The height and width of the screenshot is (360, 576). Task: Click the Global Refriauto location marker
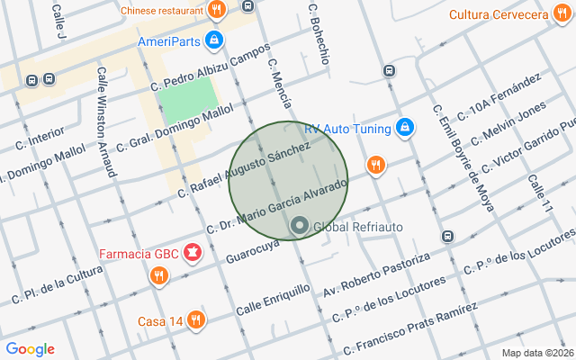pos(299,225)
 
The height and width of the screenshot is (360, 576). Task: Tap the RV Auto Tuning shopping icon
pos(405,128)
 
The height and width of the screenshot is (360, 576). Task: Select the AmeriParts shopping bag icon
pos(214,40)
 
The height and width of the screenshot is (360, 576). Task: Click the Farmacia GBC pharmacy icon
pos(192,252)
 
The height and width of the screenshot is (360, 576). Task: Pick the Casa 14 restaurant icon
pos(196,320)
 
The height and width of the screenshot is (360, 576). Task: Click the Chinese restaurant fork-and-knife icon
pos(216,11)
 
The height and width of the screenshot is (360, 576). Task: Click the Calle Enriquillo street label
pos(274,300)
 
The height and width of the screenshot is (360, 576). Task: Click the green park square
pos(190,100)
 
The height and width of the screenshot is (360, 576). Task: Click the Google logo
pos(30,349)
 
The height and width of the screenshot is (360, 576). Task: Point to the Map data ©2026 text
pos(536,353)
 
